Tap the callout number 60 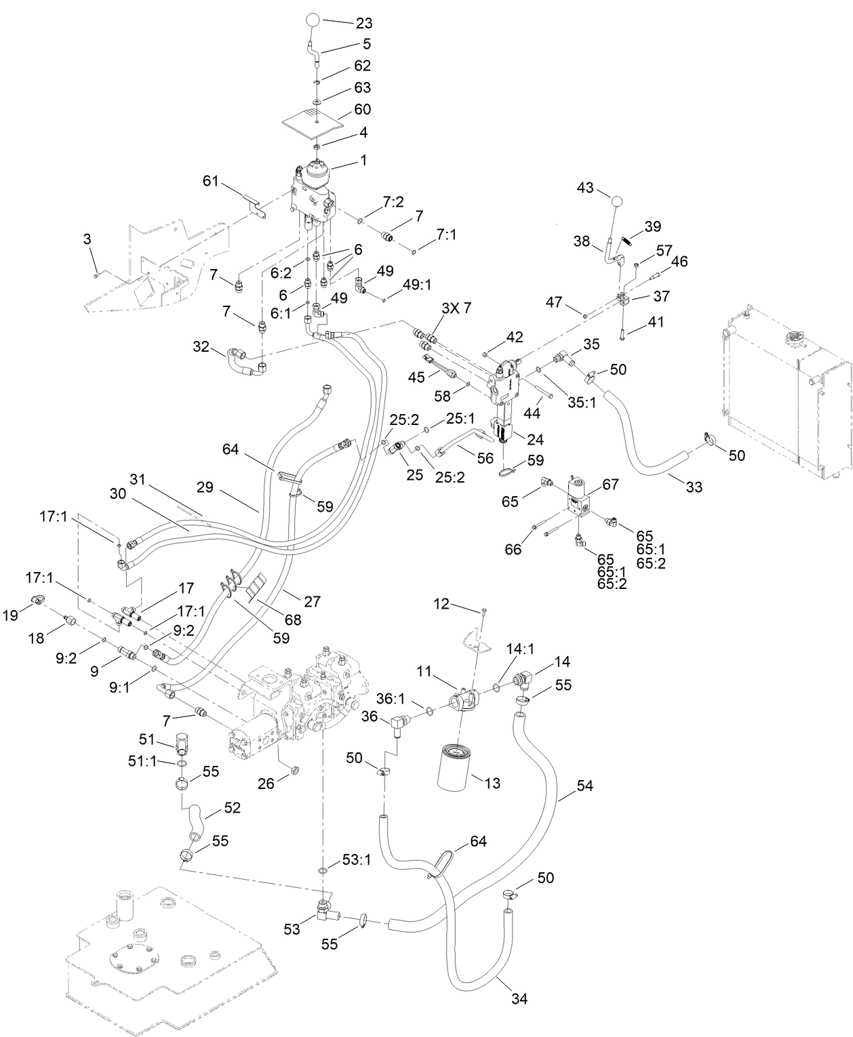pyautogui.click(x=363, y=109)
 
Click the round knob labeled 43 pyautogui.click(x=616, y=201)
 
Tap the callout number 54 pyautogui.click(x=584, y=786)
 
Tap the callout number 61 pyautogui.click(x=212, y=180)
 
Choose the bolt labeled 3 pyautogui.click(x=97, y=274)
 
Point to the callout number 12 pyautogui.click(x=441, y=603)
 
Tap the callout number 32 pyautogui.click(x=201, y=347)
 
